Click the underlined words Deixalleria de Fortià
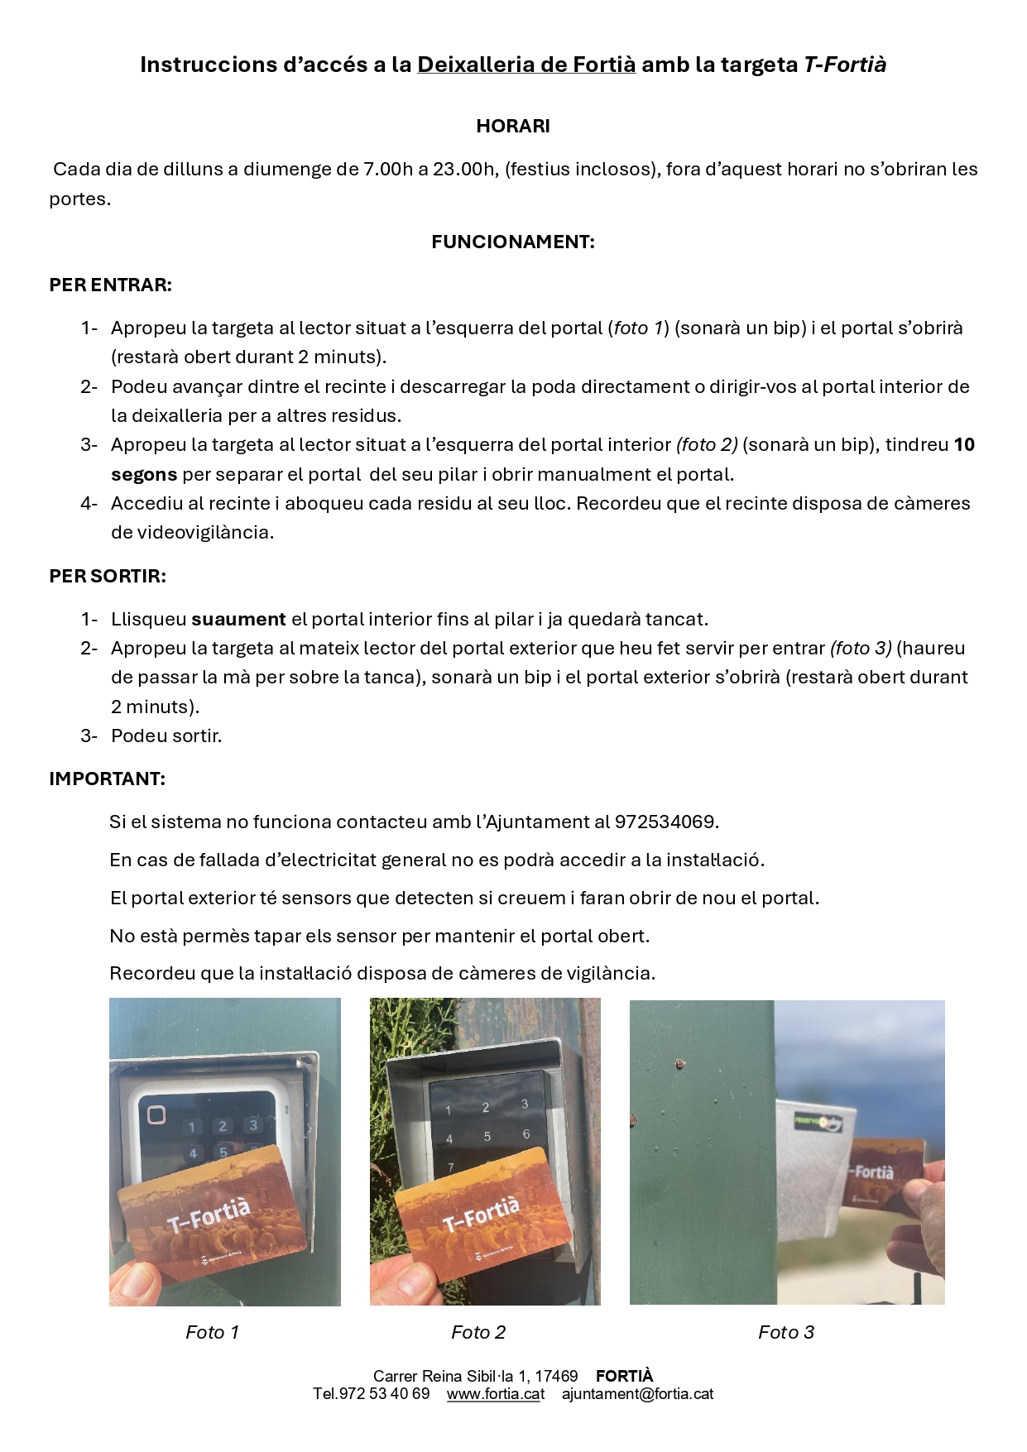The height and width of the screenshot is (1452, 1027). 526,65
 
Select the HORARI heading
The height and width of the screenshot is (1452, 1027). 513,126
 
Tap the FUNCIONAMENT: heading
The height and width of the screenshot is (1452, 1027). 513,242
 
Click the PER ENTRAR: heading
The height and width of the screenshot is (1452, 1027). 110,285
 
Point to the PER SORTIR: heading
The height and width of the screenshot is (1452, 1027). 108,576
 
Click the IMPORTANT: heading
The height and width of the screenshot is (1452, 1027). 107,779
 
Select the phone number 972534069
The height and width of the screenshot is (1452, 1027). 666,822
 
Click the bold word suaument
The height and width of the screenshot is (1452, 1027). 238,619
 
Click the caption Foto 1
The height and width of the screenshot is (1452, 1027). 212,1332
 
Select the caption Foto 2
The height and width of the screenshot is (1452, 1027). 478,1332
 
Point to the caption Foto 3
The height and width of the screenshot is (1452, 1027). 786,1332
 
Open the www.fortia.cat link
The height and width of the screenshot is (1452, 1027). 496,1394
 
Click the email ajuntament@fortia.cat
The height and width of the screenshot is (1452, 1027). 637,1394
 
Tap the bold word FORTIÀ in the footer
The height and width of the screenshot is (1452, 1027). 624,1376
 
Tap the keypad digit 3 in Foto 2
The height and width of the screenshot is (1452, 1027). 524,1105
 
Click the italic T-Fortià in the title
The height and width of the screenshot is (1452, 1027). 845,65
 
